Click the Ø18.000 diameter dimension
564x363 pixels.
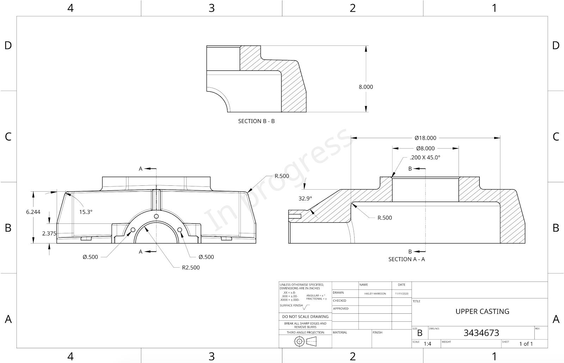(x=425, y=138)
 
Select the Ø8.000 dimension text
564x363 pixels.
(x=425, y=148)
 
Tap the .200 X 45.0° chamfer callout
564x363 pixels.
(x=425, y=158)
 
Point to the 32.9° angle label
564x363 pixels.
(x=305, y=198)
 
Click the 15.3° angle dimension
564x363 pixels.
(x=86, y=212)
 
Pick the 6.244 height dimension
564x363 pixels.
(x=33, y=212)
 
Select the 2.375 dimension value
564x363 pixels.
(x=49, y=233)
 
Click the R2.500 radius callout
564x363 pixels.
(x=191, y=267)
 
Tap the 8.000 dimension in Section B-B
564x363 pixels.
(x=366, y=87)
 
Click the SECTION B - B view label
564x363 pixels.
(x=256, y=121)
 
